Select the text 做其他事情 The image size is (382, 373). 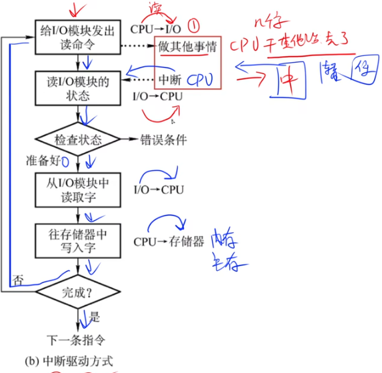pos(187,49)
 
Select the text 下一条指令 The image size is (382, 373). pos(76,338)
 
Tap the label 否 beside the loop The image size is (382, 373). pos(18,280)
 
